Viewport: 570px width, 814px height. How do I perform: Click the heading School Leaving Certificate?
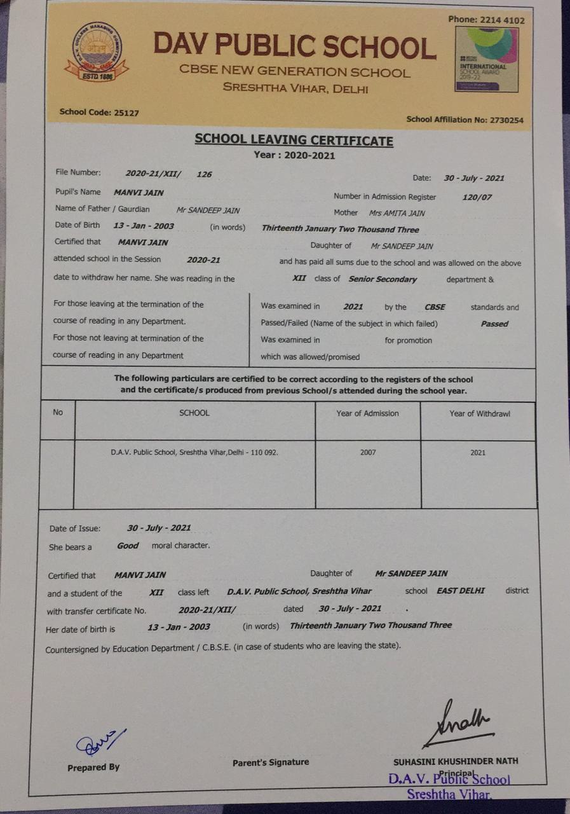(294, 140)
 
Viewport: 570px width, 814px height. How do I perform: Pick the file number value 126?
(204, 174)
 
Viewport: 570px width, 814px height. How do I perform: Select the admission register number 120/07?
(477, 197)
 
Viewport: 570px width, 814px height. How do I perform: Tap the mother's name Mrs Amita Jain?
(397, 214)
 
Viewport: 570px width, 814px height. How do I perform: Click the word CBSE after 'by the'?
(435, 307)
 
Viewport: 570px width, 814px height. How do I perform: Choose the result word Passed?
(494, 324)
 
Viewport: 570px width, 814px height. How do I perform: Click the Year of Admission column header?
(367, 413)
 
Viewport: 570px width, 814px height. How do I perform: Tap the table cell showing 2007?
(367, 453)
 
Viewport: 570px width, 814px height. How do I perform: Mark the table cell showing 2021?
(478, 453)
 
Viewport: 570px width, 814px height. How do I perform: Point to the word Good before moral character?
(128, 546)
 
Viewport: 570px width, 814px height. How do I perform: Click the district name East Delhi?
(461, 591)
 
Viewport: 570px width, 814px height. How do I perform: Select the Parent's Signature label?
(271, 762)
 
